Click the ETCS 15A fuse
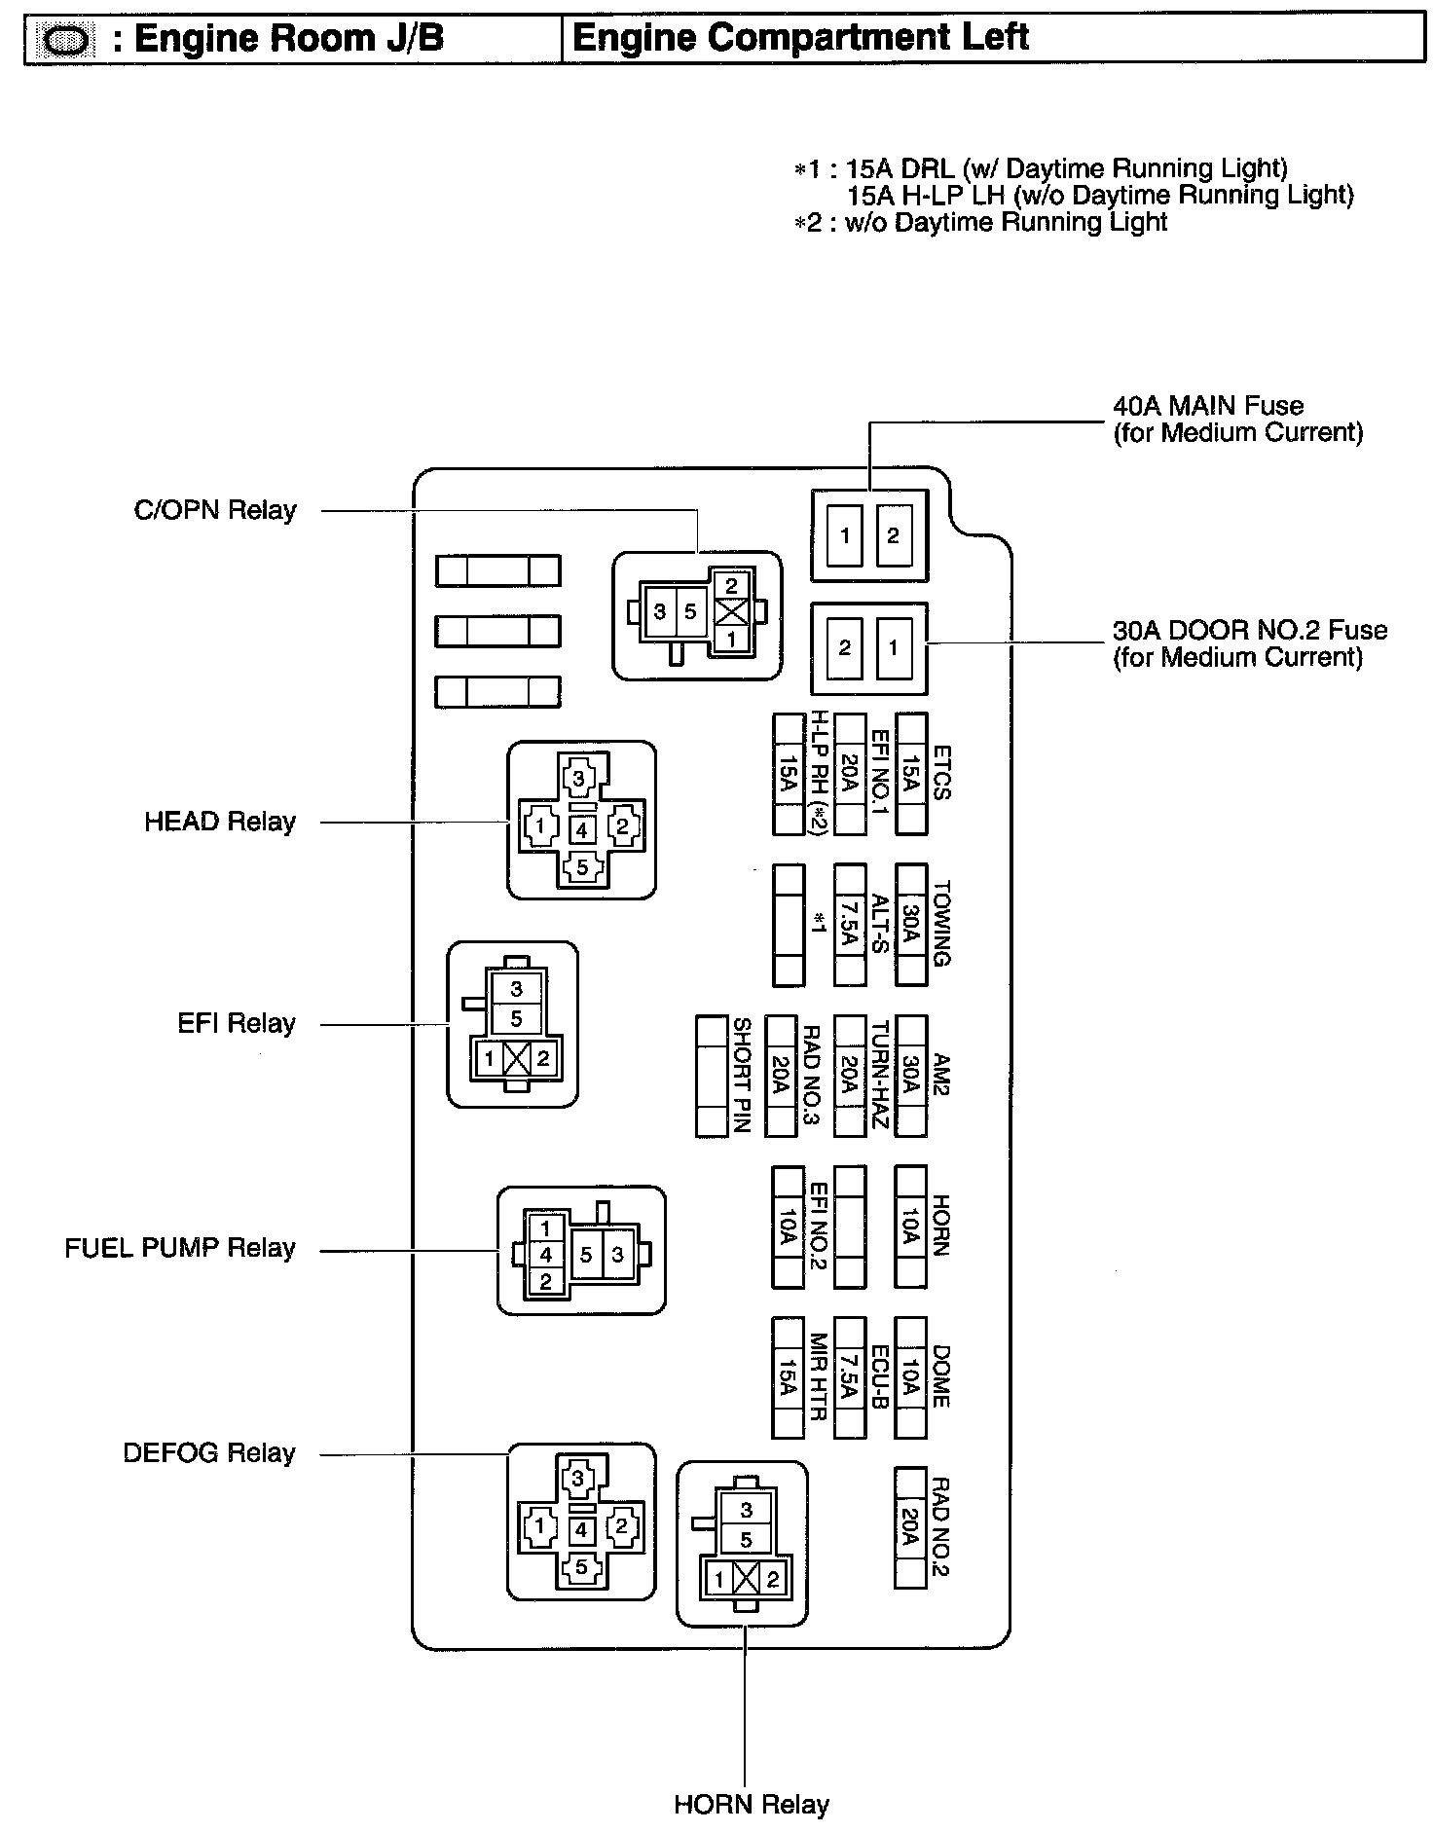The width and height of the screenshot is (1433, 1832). [x=910, y=775]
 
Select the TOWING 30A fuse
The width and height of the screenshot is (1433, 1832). [x=910, y=925]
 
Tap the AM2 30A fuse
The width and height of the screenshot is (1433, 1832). [x=910, y=1076]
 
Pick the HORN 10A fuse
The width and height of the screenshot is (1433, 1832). [x=910, y=1227]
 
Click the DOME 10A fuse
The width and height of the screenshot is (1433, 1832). [x=910, y=1377]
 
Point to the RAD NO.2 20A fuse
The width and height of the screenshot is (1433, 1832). [x=910, y=1528]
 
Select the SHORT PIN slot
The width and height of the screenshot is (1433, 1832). [x=712, y=1076]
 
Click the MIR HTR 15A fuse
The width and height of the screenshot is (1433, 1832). [x=787, y=1377]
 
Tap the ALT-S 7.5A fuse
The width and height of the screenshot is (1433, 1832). [x=850, y=925]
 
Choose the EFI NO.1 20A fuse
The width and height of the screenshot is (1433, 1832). [x=850, y=775]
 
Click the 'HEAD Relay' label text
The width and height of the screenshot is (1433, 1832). [x=220, y=822]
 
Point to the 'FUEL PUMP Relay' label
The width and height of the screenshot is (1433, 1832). [x=180, y=1248]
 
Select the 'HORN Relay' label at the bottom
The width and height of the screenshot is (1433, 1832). [x=751, y=1806]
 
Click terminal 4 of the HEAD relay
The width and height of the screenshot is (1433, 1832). [x=582, y=830]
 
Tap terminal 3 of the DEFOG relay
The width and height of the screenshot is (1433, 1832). [x=580, y=1479]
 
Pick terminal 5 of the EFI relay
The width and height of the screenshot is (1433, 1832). [x=516, y=1018]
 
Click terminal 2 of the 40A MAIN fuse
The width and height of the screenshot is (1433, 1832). [x=893, y=535]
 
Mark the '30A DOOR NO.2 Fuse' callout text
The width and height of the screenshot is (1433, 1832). [x=1249, y=642]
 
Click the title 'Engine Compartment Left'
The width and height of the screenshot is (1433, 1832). [x=800, y=38]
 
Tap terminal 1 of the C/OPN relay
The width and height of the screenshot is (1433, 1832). [x=731, y=640]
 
